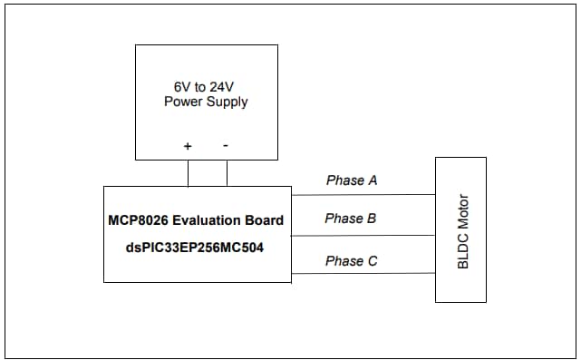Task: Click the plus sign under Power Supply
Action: pos(188,145)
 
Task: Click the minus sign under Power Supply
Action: pos(226,145)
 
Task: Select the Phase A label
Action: pos(352,180)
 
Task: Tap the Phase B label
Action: pos(351,219)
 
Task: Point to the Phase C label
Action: pos(352,261)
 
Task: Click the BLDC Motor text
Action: pos(463,230)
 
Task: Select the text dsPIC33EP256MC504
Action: pos(197,246)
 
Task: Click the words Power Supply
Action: pos(206,102)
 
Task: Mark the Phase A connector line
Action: pos(363,194)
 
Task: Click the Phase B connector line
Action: pos(363,236)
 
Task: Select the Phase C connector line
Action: pos(363,273)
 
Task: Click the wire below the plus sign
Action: pos(189,172)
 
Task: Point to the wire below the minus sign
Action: pos(227,172)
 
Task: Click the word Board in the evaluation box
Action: pos(264,219)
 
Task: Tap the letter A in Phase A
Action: pos(372,180)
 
